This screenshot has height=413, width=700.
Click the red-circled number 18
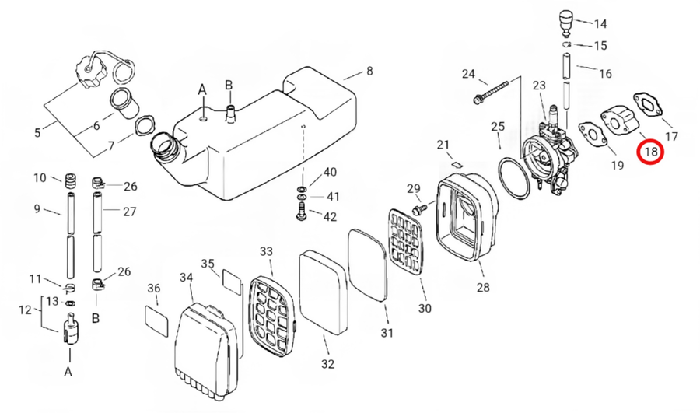click(x=651, y=152)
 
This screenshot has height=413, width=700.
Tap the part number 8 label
click(x=369, y=71)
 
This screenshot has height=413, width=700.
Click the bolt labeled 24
click(x=491, y=92)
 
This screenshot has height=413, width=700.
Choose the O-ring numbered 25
click(x=514, y=177)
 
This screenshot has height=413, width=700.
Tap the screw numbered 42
click(x=302, y=212)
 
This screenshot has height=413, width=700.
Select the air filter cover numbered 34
click(x=203, y=348)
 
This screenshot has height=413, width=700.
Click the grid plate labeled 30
click(x=405, y=242)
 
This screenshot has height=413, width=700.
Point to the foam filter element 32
click(x=323, y=292)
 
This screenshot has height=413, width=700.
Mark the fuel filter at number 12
click(x=70, y=327)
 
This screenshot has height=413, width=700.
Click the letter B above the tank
click(x=229, y=84)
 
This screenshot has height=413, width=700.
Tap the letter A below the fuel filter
click(x=68, y=371)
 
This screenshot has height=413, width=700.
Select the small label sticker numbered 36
click(x=157, y=321)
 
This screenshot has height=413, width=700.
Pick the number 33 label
click(x=266, y=251)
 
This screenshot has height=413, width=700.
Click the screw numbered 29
click(x=421, y=208)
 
